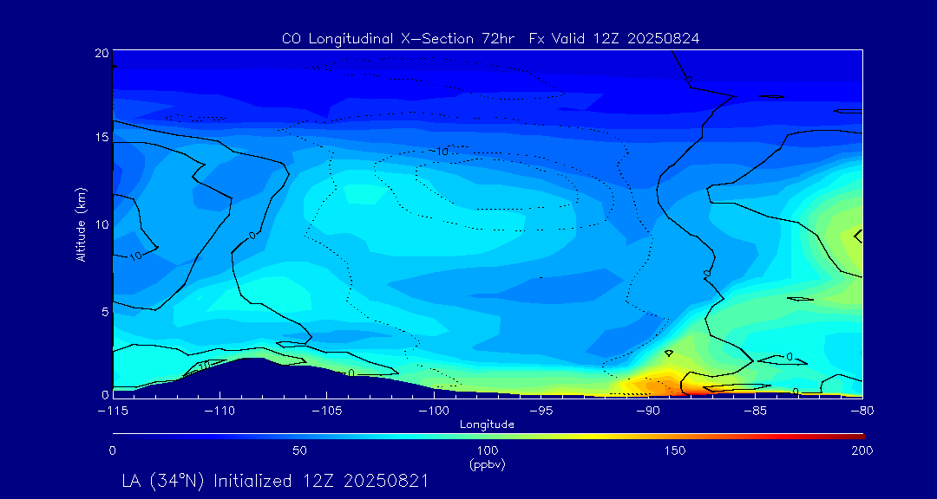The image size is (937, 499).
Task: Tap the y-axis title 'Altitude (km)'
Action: pyautogui.click(x=81, y=224)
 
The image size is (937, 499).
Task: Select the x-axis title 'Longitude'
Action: pyautogui.click(x=487, y=424)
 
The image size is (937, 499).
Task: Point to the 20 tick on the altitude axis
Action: pyautogui.click(x=102, y=54)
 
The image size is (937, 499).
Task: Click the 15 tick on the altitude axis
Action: pyautogui.click(x=102, y=138)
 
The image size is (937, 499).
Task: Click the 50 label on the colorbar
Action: pyautogui.click(x=299, y=450)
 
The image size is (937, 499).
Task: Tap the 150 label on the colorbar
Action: pyautogui.click(x=675, y=450)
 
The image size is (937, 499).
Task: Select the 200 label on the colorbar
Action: pyautogui.click(x=862, y=450)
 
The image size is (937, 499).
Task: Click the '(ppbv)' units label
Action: pyautogui.click(x=487, y=464)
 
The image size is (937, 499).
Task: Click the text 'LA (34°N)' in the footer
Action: pyautogui.click(x=162, y=480)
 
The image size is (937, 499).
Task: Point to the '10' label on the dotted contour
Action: pyautogui.click(x=442, y=152)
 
